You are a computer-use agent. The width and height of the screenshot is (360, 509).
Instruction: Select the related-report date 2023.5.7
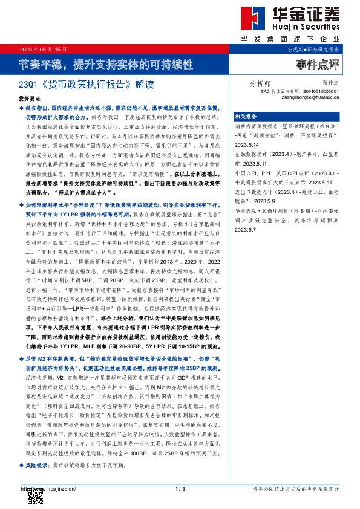coord(247,229)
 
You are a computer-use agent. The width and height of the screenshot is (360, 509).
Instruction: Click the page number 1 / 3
coord(179,488)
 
